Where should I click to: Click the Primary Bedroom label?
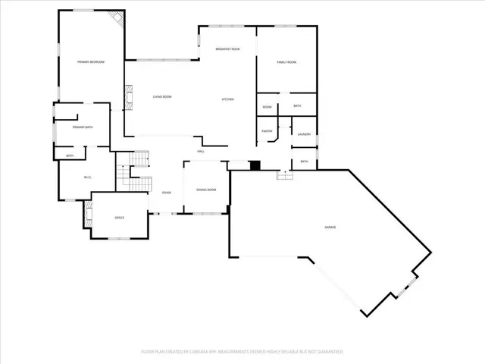90,61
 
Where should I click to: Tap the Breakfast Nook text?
227,49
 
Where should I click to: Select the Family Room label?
286,61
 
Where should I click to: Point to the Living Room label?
162,97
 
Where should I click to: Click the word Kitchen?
227,100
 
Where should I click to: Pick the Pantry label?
267,131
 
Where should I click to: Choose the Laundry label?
305,134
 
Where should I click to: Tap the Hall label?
202,152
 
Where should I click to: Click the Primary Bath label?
83,127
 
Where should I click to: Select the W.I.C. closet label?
88,178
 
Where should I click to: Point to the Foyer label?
166,193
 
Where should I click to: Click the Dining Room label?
206,189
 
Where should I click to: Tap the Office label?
119,218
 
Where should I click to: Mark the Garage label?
330,227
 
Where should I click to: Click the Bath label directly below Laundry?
304,162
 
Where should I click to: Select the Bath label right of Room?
297,106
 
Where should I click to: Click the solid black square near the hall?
255,165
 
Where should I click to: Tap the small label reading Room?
267,108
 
